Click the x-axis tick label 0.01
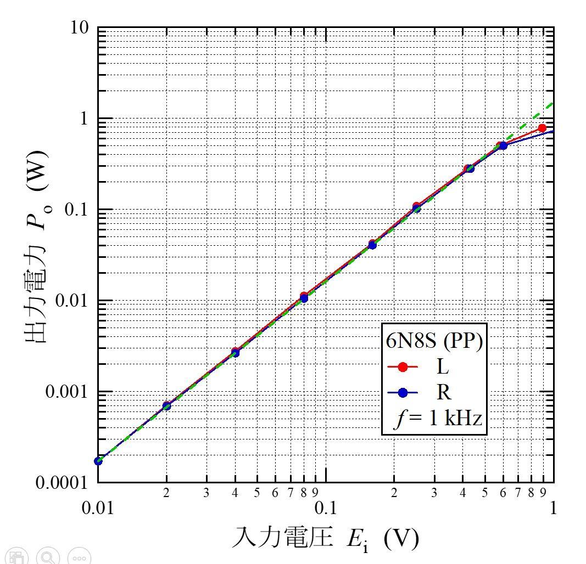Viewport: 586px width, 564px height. (x=98, y=507)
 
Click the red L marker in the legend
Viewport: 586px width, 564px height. (x=403, y=367)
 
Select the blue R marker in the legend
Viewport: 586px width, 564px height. (x=403, y=392)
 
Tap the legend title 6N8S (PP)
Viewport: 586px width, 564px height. (x=434, y=342)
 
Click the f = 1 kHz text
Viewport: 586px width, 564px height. (x=438, y=419)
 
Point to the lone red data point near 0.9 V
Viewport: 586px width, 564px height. (x=542, y=128)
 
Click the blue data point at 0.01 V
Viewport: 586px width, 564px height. (x=98, y=461)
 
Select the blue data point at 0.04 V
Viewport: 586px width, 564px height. (x=235, y=353)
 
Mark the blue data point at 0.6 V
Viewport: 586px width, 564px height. (x=503, y=145)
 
